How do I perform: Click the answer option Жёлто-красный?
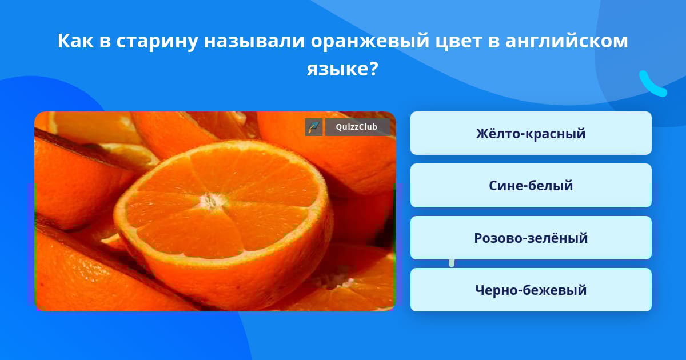tap(531, 133)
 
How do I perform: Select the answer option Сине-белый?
tap(531, 185)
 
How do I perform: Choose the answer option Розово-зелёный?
tap(531, 238)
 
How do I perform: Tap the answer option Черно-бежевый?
tap(531, 290)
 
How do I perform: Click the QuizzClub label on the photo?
tap(357, 127)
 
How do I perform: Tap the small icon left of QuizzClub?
tap(314, 127)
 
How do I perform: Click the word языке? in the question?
tap(342, 69)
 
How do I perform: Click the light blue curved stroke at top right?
tap(651, 84)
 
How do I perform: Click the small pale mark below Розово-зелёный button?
tap(452, 262)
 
